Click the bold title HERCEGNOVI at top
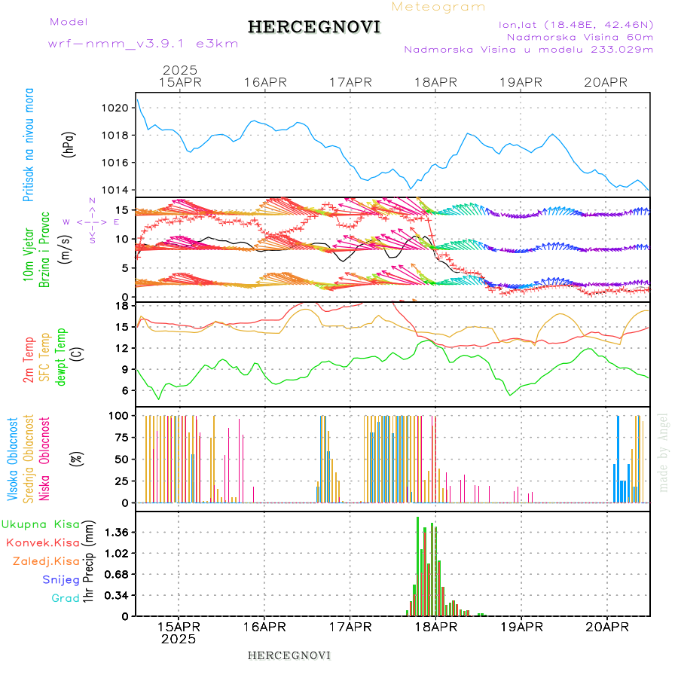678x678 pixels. click(x=314, y=27)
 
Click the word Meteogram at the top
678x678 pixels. click(x=438, y=7)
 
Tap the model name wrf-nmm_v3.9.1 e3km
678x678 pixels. click(x=142, y=43)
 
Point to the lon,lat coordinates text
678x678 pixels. click(x=576, y=24)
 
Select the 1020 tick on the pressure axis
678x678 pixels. click(x=116, y=108)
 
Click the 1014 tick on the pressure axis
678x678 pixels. click(x=116, y=190)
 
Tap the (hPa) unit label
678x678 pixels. click(x=69, y=143)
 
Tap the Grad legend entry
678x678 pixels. click(x=66, y=598)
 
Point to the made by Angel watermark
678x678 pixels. click(x=664, y=452)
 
